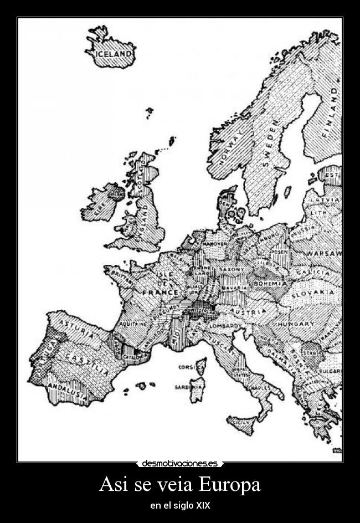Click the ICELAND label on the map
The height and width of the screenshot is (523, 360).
114,54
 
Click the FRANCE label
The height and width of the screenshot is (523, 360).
160,292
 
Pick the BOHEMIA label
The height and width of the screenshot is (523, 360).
270,284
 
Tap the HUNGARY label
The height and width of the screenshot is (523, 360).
296,324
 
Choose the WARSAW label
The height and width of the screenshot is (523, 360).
325,254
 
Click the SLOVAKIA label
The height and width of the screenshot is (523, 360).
313,293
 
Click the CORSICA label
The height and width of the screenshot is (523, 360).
187,367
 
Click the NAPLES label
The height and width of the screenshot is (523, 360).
261,388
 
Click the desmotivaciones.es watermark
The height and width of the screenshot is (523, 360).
180,463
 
